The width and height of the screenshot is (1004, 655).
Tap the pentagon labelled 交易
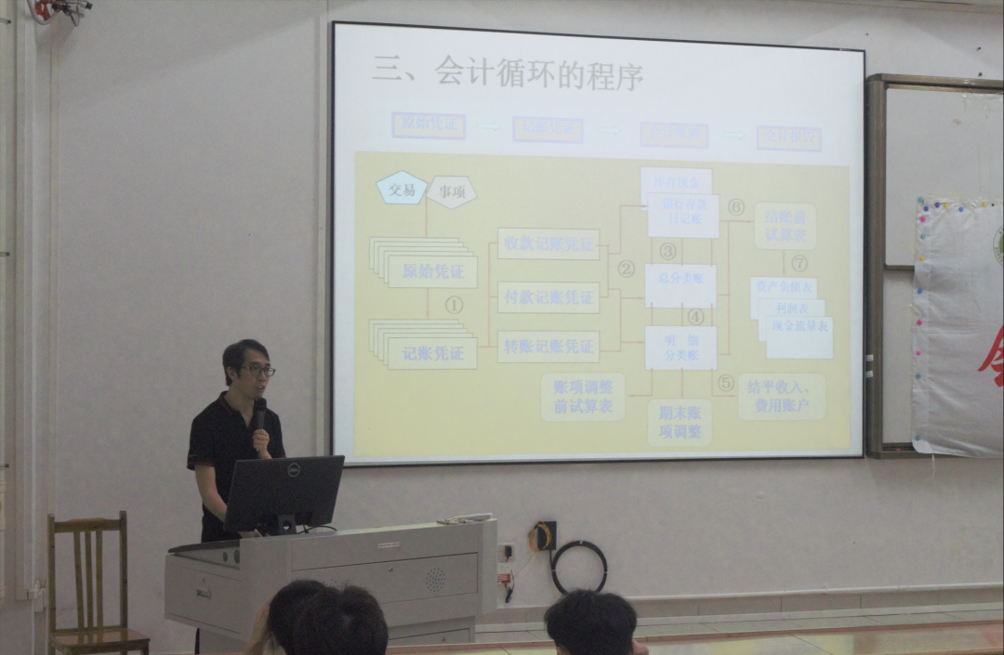402,190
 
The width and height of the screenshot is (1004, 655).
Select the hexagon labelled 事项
452,192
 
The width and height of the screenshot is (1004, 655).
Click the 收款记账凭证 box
548,243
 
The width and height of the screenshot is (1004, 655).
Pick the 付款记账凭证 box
548,297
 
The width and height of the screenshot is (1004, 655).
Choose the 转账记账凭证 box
548,347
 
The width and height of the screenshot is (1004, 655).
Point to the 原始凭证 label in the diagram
431,272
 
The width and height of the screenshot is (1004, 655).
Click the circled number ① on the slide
454,304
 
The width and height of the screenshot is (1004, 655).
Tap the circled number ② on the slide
627,269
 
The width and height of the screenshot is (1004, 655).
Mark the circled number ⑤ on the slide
725,383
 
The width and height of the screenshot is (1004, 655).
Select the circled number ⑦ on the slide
799,263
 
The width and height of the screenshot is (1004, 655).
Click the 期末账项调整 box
680,422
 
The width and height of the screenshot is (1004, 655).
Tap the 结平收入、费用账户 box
781,397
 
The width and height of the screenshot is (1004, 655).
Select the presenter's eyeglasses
257,371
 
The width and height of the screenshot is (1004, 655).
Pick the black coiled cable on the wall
578,567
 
